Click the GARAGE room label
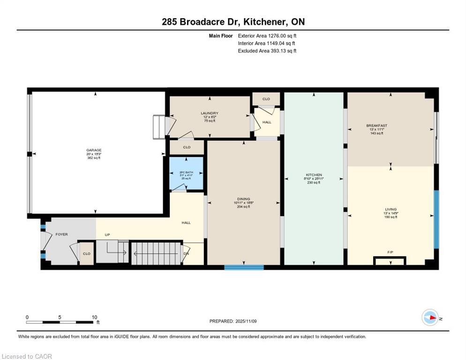[93, 150]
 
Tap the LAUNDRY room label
[209, 113]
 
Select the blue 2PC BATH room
[187, 173]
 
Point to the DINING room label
[243, 199]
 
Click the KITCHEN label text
[313, 175]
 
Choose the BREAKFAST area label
[376, 126]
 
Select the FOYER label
[61, 233]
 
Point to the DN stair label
[186, 254]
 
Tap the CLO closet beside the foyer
[86, 254]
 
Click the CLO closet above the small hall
[266, 99]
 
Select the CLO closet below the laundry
[187, 147]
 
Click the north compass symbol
[430, 317]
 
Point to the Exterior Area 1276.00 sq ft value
[267, 36]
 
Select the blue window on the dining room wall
[244, 267]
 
